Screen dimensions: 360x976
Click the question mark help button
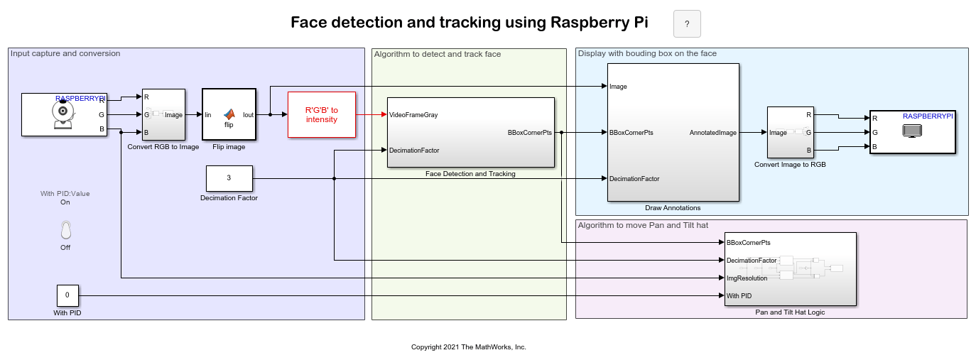pyautogui.click(x=686, y=24)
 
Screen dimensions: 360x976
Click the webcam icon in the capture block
pyautogui.click(x=63, y=114)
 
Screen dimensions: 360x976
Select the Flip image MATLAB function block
pyautogui.click(x=229, y=114)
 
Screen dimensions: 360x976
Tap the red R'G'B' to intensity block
pyautogui.click(x=321, y=114)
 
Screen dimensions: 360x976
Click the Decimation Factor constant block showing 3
pyautogui.click(x=229, y=178)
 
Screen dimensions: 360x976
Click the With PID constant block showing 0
pyautogui.click(x=67, y=295)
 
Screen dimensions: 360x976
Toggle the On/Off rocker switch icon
pyautogui.click(x=65, y=229)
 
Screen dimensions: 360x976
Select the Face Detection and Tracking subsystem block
pyautogui.click(x=470, y=132)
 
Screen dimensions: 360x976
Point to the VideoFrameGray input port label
pyautogui.click(x=413, y=114)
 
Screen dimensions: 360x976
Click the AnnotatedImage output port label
pyautogui.click(x=713, y=133)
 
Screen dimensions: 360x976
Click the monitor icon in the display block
pyautogui.click(x=911, y=131)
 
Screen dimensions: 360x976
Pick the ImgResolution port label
pyautogui.click(x=747, y=278)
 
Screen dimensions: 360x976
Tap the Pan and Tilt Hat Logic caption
pyautogui.click(x=790, y=312)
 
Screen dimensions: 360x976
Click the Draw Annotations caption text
pyautogui.click(x=673, y=208)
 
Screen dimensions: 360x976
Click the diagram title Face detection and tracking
pyautogui.click(x=469, y=22)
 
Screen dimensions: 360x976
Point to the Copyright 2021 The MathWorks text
pyautogui.click(x=468, y=347)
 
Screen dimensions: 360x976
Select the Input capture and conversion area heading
pyautogui.click(x=66, y=53)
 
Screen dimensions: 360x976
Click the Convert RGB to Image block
pyautogui.click(x=163, y=114)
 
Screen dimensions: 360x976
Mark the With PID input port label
pyautogui.click(x=739, y=295)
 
